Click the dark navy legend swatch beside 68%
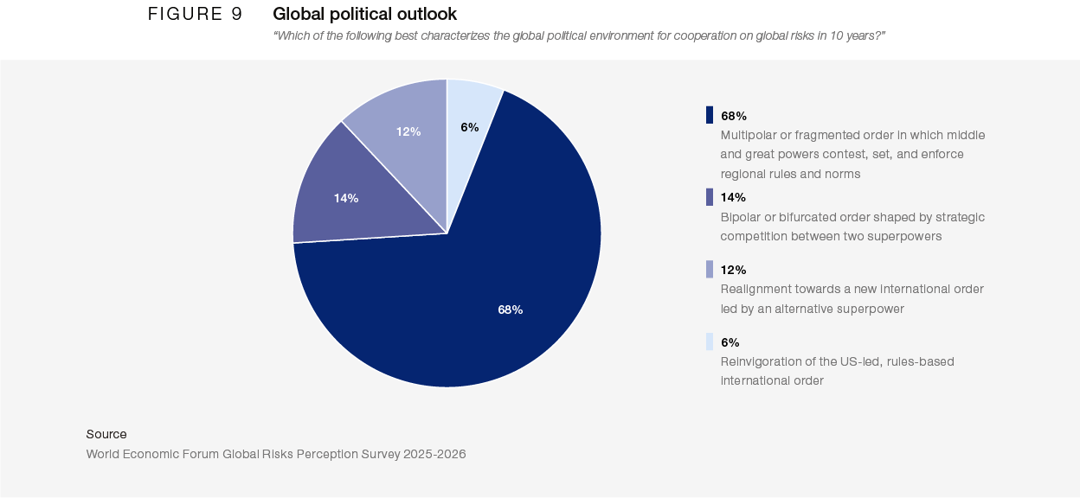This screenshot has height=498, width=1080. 710,115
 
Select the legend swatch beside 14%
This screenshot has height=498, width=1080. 710,197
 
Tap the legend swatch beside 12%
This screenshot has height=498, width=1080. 710,270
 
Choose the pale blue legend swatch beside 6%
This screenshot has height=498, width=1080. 710,342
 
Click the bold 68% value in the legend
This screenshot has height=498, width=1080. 734,116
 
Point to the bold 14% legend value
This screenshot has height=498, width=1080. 734,197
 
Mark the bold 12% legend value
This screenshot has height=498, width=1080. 734,270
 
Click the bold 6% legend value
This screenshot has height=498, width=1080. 730,342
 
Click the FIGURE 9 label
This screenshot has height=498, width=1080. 195,14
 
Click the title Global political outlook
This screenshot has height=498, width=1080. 365,14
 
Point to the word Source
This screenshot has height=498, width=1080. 106,434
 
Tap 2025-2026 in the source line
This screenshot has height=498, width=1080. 434,454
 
